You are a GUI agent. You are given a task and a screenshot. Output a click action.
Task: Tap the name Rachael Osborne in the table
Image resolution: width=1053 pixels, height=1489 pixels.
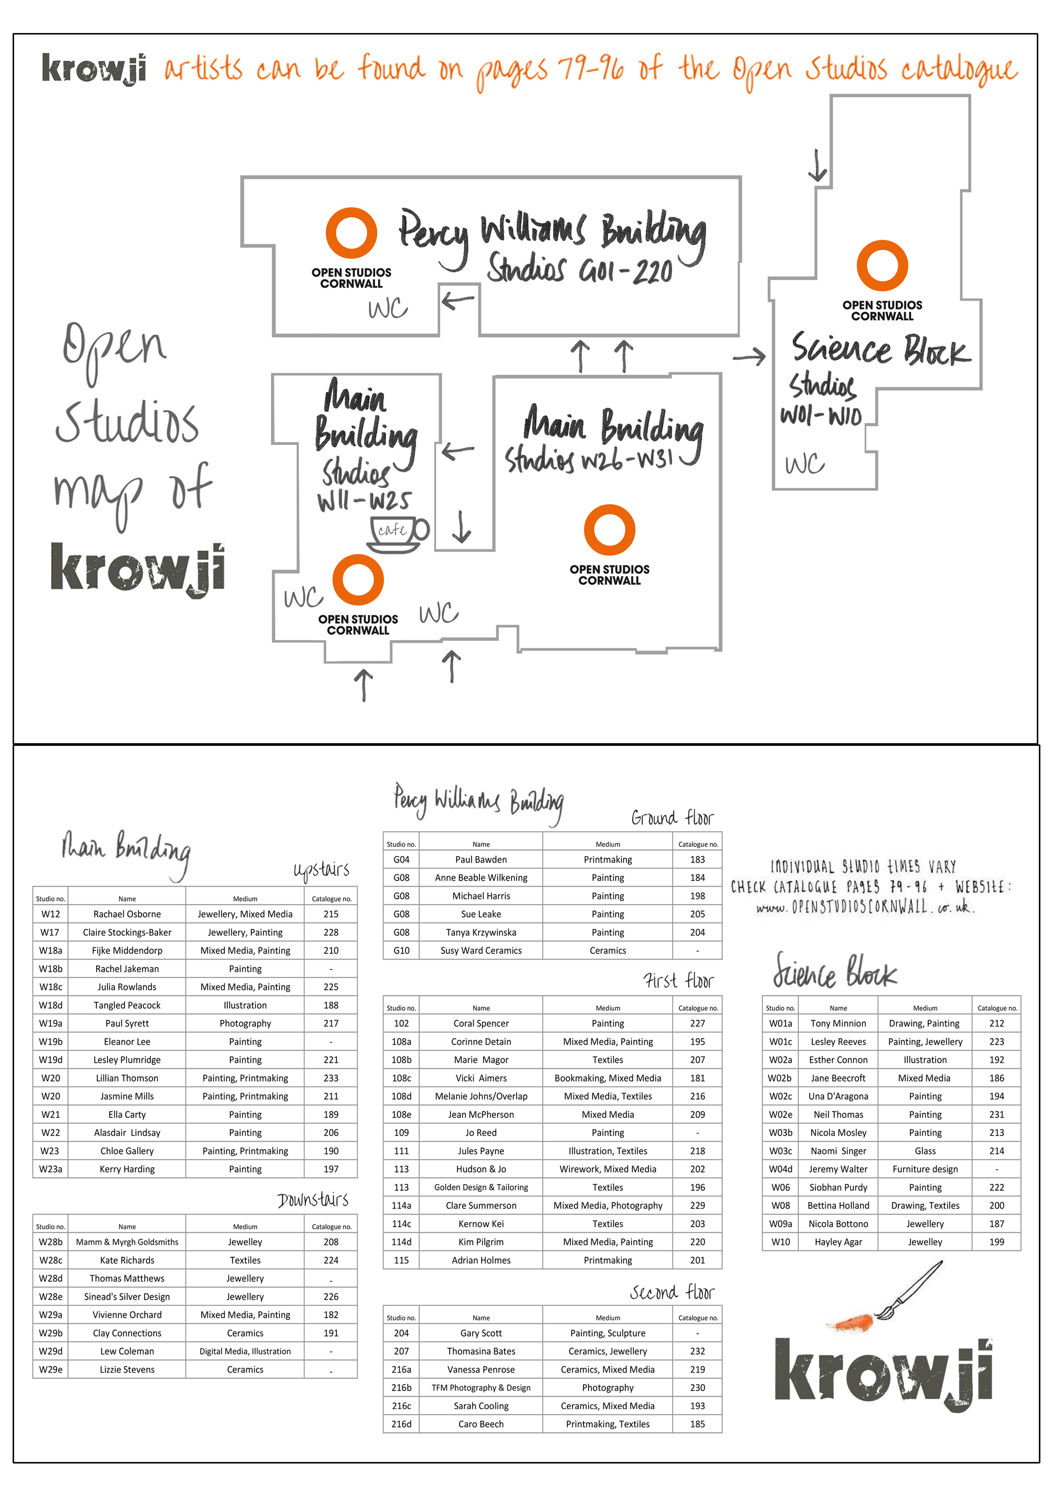coord(127,914)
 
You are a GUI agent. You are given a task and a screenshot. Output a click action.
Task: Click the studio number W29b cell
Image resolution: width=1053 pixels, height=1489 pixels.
coord(50,1333)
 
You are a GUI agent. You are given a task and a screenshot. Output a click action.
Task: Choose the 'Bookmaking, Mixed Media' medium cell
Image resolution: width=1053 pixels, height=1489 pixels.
coord(608,1078)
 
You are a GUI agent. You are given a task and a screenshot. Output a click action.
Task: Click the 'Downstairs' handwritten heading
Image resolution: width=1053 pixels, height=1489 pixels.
coord(313,1200)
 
